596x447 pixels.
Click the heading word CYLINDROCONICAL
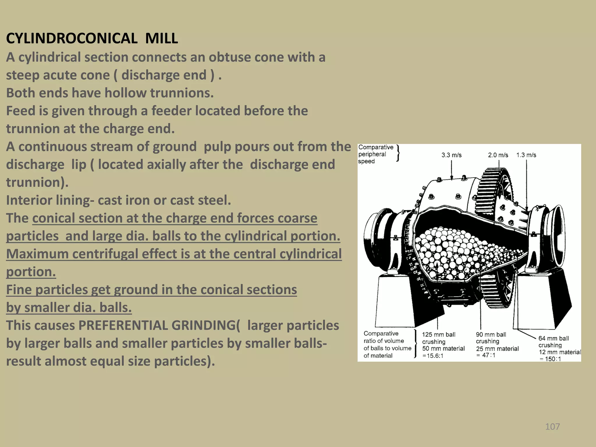[72, 38]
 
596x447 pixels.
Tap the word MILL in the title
[162, 38]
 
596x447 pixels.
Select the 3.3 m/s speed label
[451, 155]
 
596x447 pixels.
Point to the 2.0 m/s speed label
[498, 155]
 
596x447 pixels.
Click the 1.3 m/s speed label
[526, 155]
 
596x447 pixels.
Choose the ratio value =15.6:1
[433, 356]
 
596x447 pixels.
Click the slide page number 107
[552, 427]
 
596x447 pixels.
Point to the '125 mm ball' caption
[439, 335]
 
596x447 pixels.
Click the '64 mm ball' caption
[554, 338]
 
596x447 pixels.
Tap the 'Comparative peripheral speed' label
[375, 154]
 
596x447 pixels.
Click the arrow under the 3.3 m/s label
[451, 170]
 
